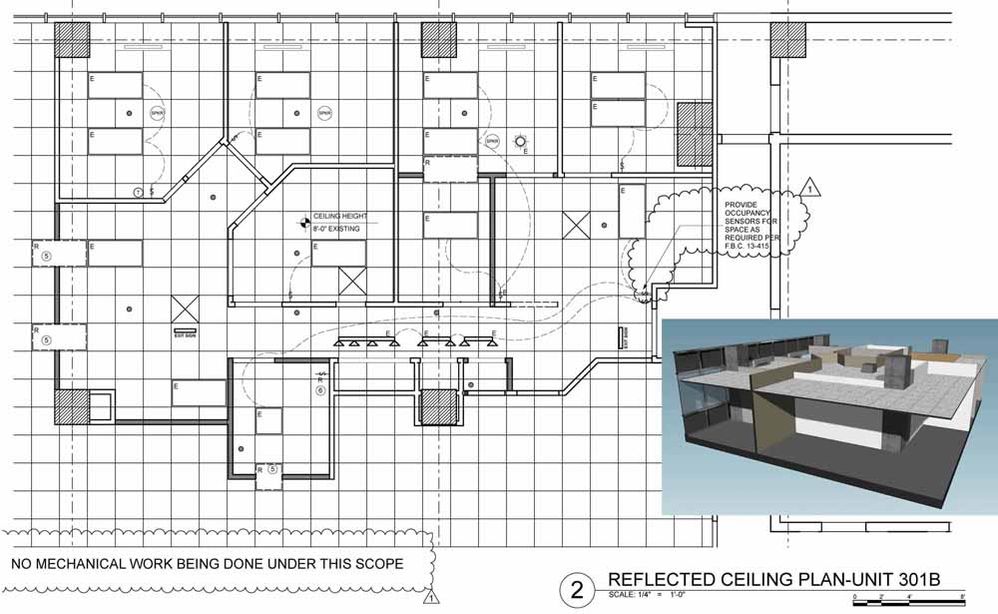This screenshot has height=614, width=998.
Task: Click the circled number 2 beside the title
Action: pyautogui.click(x=576, y=589)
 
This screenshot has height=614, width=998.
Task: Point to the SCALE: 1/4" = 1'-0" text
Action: pyautogui.click(x=660, y=598)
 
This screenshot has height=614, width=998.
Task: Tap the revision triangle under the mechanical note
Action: pyautogui.click(x=431, y=599)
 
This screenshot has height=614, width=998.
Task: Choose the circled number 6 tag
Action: pyautogui.click(x=320, y=390)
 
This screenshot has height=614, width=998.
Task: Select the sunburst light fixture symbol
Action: pyautogui.click(x=519, y=142)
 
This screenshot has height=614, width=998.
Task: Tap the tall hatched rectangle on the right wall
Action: pyautogui.click(x=693, y=134)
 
